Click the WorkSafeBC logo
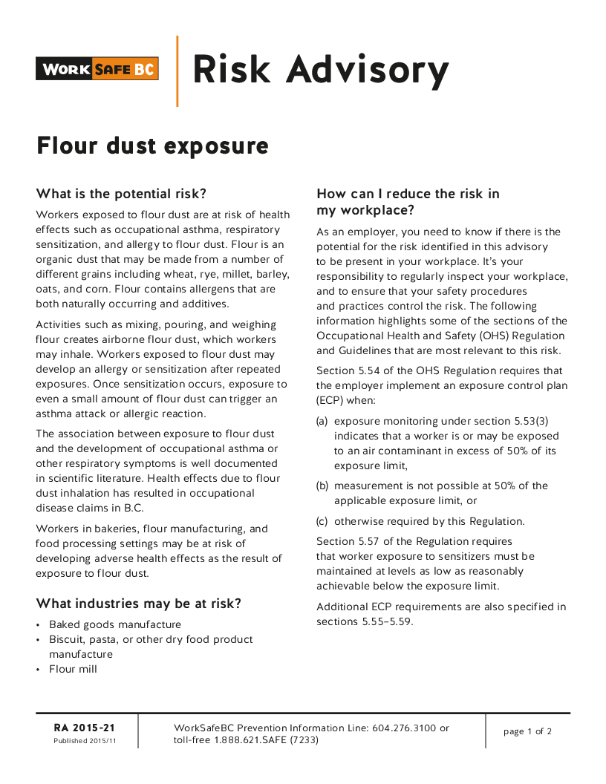pyautogui.click(x=97, y=69)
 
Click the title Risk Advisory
pyautogui.click(x=320, y=70)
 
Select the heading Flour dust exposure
pyautogui.click(x=152, y=146)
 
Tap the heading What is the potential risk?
pyautogui.click(x=121, y=195)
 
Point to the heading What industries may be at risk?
pyautogui.click(x=139, y=604)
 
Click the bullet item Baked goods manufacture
pyautogui.click(x=115, y=624)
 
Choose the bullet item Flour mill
pyautogui.click(x=73, y=669)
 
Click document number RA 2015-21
pyautogui.click(x=85, y=728)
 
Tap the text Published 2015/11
pyautogui.click(x=85, y=741)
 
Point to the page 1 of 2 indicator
pyautogui.click(x=527, y=731)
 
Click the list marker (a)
pyautogui.click(x=322, y=421)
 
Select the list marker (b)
pyautogui.click(x=322, y=486)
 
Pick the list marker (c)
pyautogui.click(x=322, y=520)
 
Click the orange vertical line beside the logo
pyautogui.click(x=177, y=71)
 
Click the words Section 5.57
pyautogui.click(x=346, y=541)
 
